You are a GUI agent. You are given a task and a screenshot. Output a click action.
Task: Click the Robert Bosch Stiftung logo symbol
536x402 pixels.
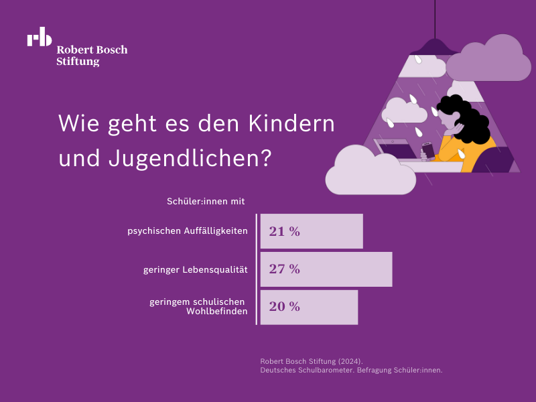[40, 38]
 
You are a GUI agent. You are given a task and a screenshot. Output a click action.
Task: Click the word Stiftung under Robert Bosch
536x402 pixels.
[78, 62]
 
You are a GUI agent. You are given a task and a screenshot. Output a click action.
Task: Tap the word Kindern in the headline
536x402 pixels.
[291, 124]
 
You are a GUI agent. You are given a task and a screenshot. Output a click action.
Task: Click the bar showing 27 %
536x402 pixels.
[326, 269]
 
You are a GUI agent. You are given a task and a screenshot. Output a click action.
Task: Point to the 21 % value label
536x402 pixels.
[284, 232]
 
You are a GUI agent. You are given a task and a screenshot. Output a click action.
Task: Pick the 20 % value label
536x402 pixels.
[284, 307]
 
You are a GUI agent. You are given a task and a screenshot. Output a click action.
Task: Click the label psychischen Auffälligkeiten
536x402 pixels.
[188, 231]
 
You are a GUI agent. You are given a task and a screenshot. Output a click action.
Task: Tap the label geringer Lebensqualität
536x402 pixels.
[196, 269]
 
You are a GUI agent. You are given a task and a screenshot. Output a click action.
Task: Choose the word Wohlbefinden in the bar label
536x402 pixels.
[216, 312]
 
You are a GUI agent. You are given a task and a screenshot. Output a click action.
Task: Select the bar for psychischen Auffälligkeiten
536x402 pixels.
[312, 232]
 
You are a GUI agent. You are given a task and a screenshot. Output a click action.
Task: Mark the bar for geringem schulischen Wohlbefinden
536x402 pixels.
[309, 307]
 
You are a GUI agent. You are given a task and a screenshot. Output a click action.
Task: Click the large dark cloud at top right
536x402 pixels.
[488, 60]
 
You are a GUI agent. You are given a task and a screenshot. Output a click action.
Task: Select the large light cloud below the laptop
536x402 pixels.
[370, 173]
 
